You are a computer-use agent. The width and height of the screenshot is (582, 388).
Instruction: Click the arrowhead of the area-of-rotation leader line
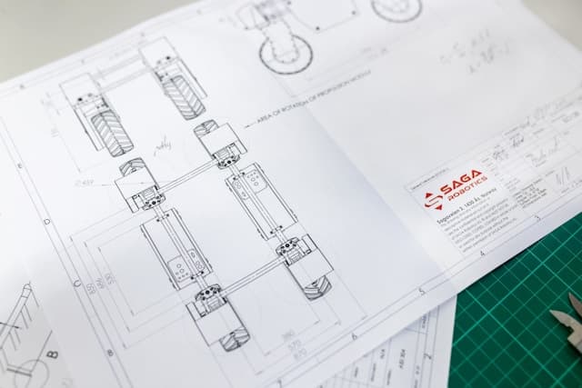point(246,124)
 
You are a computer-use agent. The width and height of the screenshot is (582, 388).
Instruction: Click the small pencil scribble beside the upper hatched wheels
point(163,144)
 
